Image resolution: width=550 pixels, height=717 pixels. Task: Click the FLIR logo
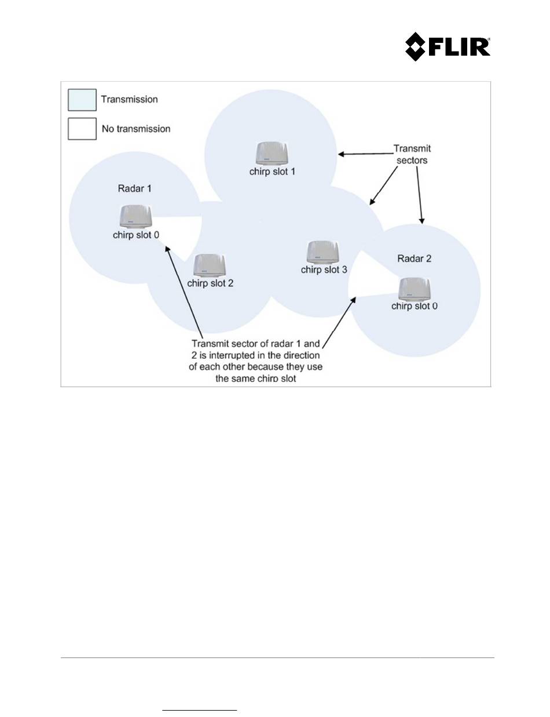tap(448, 46)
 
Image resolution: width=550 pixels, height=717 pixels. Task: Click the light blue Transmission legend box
tap(82, 100)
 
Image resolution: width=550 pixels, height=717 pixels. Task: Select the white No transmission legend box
tap(82, 129)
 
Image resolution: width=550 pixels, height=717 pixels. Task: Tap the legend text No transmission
tap(136, 129)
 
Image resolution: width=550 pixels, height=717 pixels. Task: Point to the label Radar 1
tap(134, 188)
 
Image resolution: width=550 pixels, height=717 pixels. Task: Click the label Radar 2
tap(414, 259)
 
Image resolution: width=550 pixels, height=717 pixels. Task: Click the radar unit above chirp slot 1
tap(272, 154)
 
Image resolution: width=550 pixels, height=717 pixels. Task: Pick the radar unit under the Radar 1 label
tap(135, 216)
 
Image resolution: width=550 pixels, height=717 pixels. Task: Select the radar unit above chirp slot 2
tap(210, 265)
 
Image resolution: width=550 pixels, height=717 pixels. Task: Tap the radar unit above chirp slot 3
tap(323, 252)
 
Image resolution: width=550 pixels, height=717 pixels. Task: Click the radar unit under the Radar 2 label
tap(415, 289)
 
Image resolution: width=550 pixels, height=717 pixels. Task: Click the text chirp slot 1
tap(272, 172)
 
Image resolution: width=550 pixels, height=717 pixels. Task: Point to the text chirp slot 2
tap(210, 283)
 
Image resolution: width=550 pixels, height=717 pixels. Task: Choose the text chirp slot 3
tap(324, 270)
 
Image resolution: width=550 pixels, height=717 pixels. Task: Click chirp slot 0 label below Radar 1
tap(136, 235)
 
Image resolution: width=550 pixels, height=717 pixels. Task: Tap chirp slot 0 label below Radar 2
tap(415, 306)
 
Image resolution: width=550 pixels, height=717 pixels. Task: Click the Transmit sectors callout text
tap(412, 154)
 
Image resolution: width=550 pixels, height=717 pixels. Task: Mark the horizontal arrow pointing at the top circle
tap(366, 154)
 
